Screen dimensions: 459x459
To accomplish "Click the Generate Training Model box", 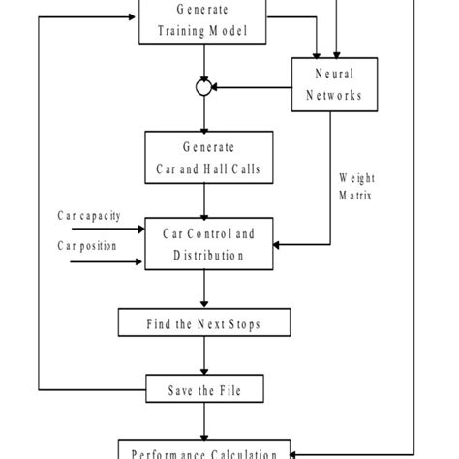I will [x=203, y=20].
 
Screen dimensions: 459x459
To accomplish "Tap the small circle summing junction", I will [x=204, y=87].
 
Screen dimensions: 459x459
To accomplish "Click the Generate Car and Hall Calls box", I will [x=203, y=158].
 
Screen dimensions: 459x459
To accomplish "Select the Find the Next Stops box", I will [x=203, y=322].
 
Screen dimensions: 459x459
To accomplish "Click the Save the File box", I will [x=203, y=391].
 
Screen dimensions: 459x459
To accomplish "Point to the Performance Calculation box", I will [x=203, y=450].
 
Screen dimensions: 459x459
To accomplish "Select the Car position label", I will [x=83, y=246].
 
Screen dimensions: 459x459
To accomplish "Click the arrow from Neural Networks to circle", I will [x=252, y=87].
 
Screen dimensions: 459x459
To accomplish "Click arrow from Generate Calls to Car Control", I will [x=204, y=200].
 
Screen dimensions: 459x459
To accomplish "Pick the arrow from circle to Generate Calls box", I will [x=204, y=113].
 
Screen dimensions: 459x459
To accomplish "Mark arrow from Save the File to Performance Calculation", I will [x=204, y=423].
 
